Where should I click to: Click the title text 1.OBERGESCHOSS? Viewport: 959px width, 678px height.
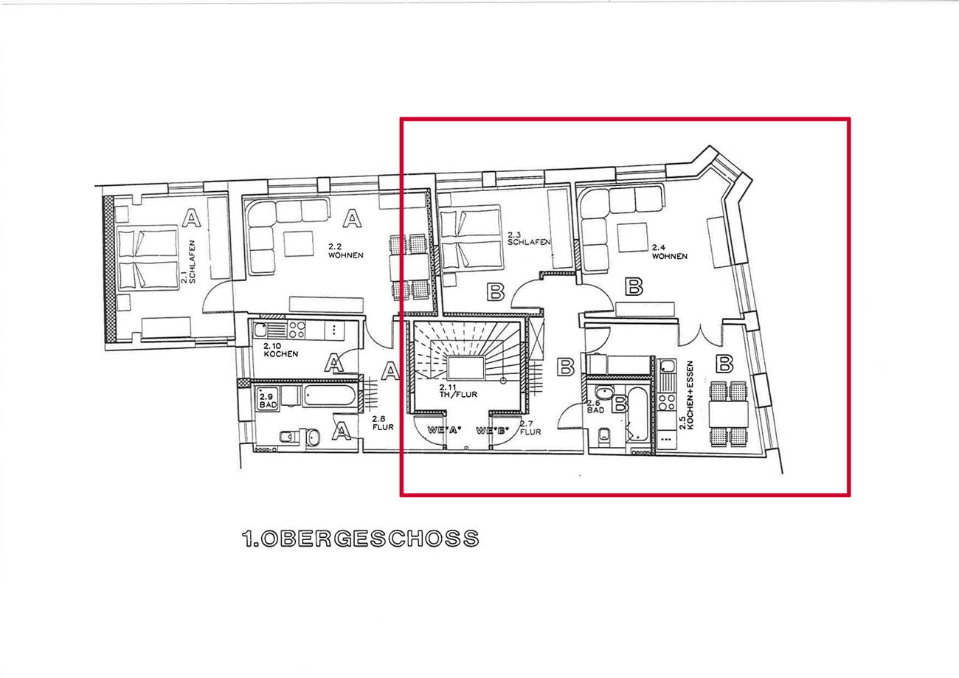(x=360, y=539)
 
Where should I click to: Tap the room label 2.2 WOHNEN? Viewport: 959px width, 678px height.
(x=346, y=252)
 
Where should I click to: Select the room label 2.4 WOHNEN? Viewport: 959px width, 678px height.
(x=668, y=252)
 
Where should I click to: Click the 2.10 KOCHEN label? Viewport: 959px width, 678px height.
(x=280, y=350)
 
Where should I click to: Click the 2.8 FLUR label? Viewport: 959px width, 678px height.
(x=380, y=423)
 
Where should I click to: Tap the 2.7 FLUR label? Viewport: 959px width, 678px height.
(x=530, y=428)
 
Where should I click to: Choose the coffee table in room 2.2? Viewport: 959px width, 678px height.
(x=300, y=243)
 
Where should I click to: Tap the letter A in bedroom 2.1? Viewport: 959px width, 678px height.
(x=191, y=218)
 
